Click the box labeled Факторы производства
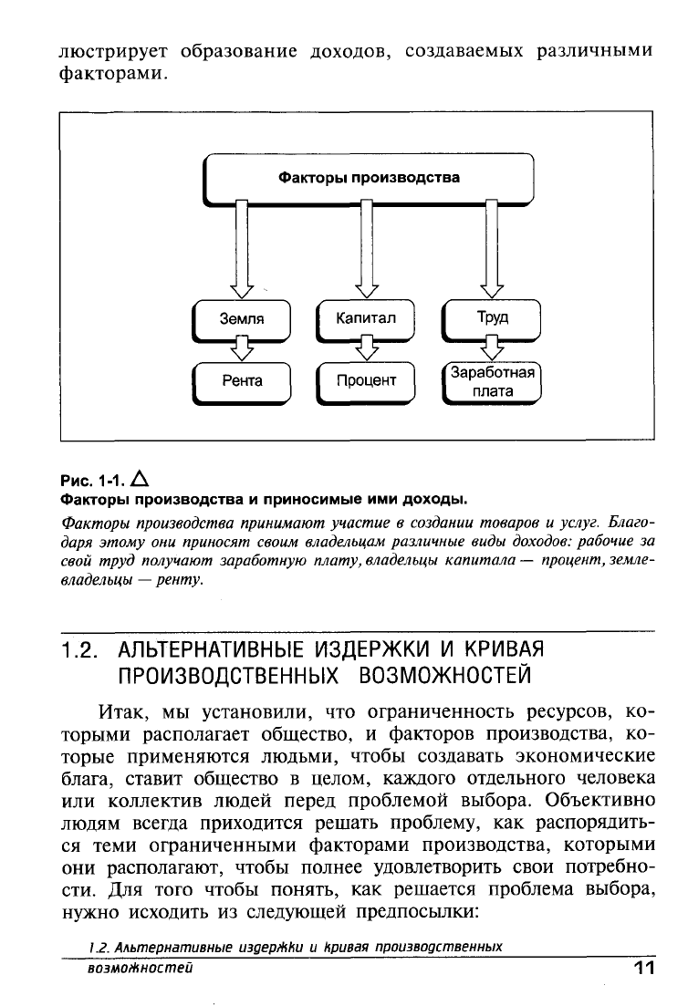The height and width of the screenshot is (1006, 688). click(x=368, y=178)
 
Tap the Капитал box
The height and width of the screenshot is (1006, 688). click(x=365, y=318)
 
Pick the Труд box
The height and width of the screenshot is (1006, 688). click(x=492, y=318)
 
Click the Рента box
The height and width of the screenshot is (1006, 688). click(x=242, y=381)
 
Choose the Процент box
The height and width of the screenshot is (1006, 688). click(x=365, y=381)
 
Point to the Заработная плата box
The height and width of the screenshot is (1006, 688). click(x=492, y=382)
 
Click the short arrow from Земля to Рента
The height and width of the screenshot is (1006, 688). click(x=242, y=350)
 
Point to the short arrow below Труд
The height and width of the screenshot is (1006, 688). click(x=492, y=350)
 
